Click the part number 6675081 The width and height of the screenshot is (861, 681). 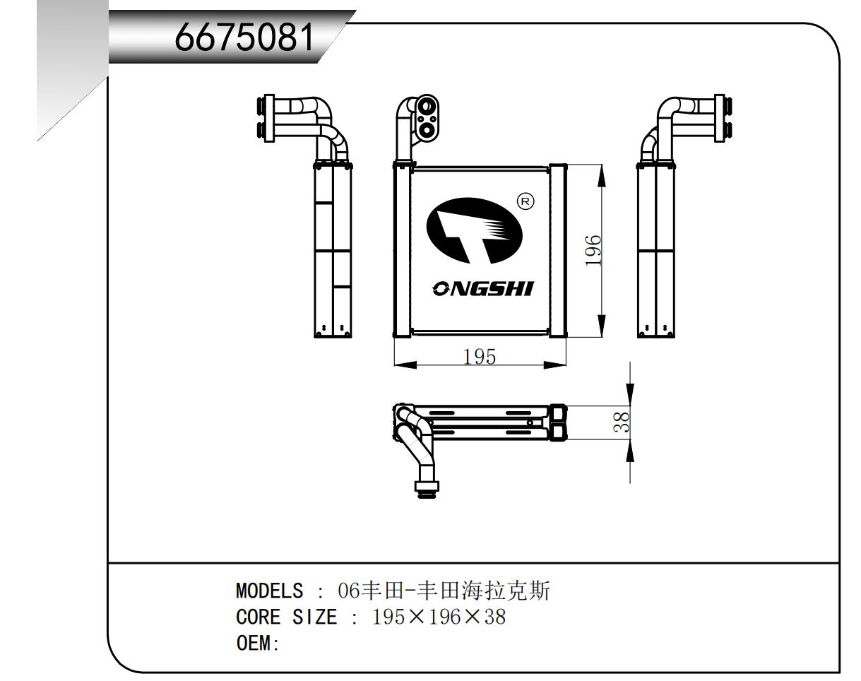[x=244, y=37]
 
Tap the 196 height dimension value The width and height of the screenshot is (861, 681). [x=593, y=250]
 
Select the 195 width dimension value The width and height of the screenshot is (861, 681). [x=480, y=356]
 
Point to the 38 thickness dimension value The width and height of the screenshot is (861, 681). [x=622, y=422]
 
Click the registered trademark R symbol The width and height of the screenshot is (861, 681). [x=526, y=201]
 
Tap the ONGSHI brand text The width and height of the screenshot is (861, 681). [x=483, y=288]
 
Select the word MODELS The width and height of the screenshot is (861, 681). [x=269, y=590]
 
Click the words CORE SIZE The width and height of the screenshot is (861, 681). [x=286, y=617]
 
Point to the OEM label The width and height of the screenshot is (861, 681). [x=257, y=644]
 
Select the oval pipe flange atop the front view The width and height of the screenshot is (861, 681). [x=427, y=118]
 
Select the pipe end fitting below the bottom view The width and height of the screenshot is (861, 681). [x=427, y=487]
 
